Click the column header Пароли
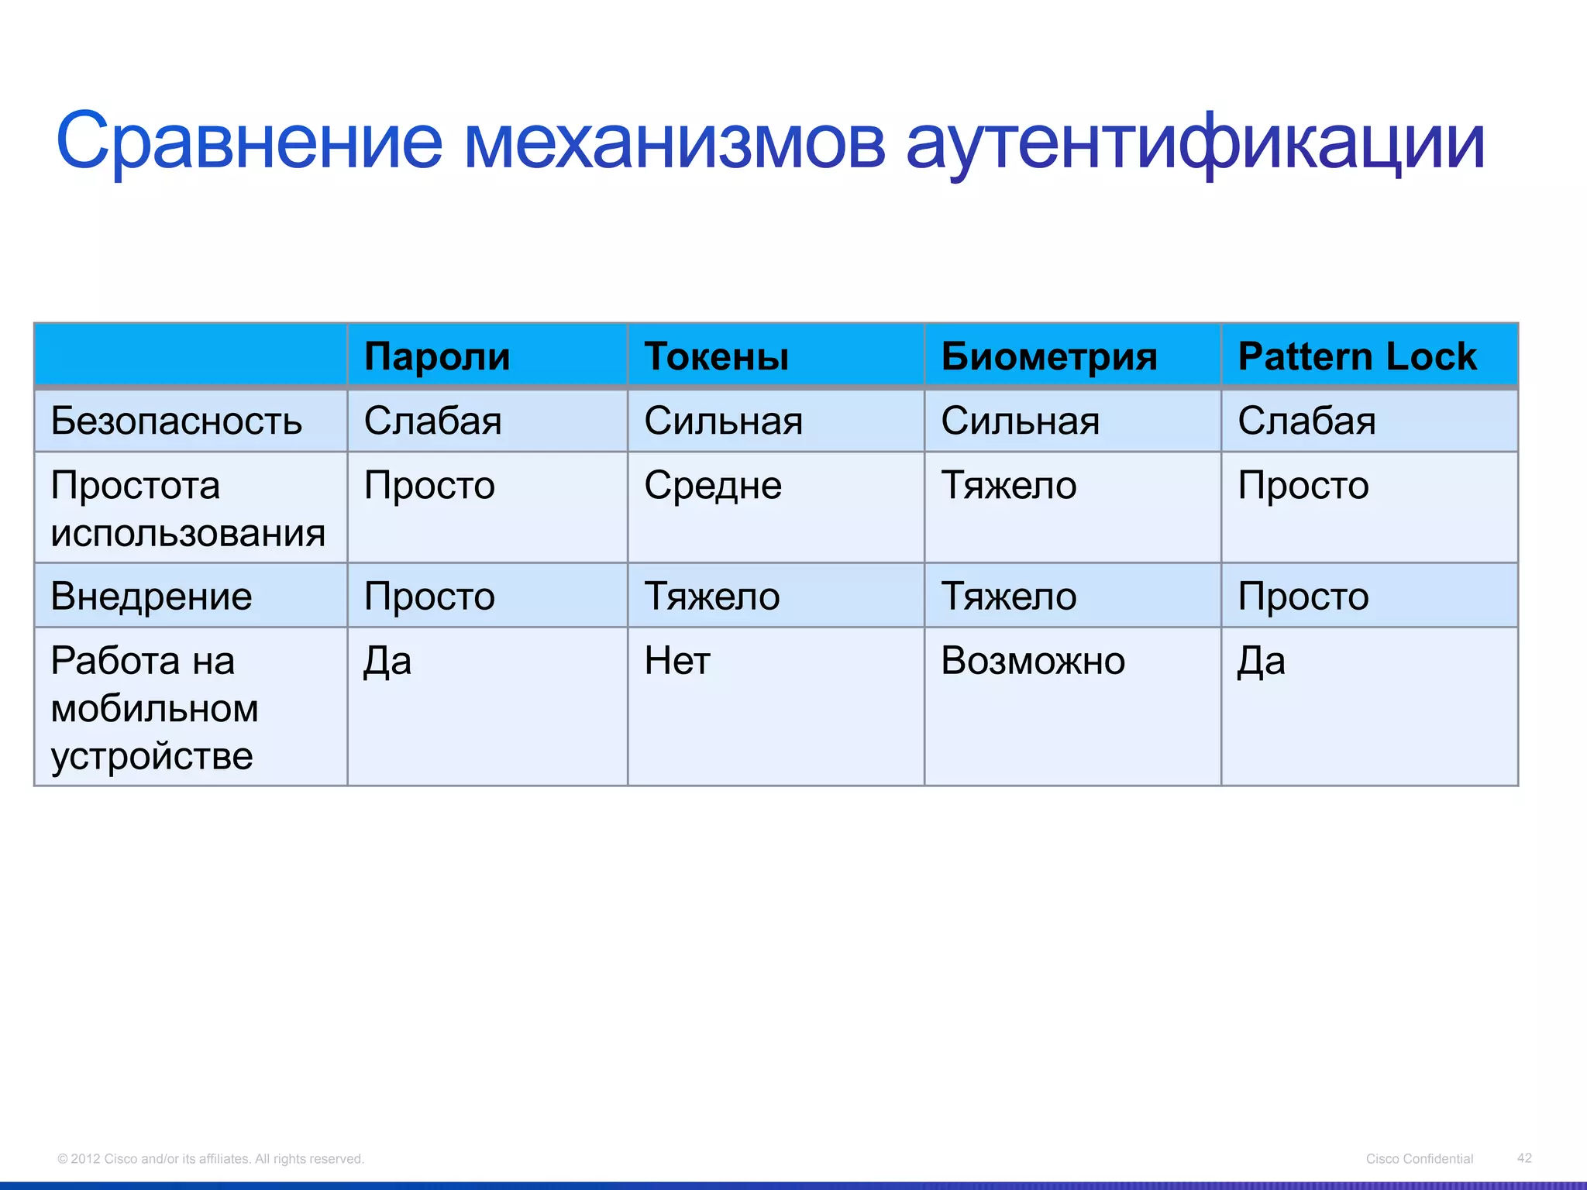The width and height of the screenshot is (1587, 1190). (x=437, y=357)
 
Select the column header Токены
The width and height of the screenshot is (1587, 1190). (x=716, y=357)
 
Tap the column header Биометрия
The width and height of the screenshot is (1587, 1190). (x=1048, y=357)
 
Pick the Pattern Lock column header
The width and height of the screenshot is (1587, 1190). (x=1357, y=357)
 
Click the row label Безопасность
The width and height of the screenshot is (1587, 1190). (x=176, y=421)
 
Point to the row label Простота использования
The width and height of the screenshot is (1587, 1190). (x=188, y=509)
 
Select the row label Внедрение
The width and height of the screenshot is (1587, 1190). (x=151, y=597)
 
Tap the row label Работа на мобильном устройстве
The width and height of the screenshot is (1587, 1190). (x=154, y=708)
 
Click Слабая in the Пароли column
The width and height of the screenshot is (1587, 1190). (x=432, y=421)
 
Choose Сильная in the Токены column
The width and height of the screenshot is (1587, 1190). (x=723, y=421)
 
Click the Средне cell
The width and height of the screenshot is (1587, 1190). (x=712, y=486)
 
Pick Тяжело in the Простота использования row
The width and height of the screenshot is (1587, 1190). (x=1008, y=486)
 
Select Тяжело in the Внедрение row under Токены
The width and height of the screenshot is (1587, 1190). (x=711, y=597)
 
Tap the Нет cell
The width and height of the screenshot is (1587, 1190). (x=676, y=662)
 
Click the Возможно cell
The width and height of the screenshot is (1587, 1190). (x=1032, y=662)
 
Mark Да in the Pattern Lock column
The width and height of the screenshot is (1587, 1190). (x=1261, y=662)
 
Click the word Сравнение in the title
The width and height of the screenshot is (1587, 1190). (x=249, y=143)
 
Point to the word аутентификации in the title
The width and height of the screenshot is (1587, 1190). (x=1195, y=143)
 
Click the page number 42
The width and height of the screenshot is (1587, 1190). (x=1523, y=1157)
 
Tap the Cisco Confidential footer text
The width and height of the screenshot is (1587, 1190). (x=1419, y=1158)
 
